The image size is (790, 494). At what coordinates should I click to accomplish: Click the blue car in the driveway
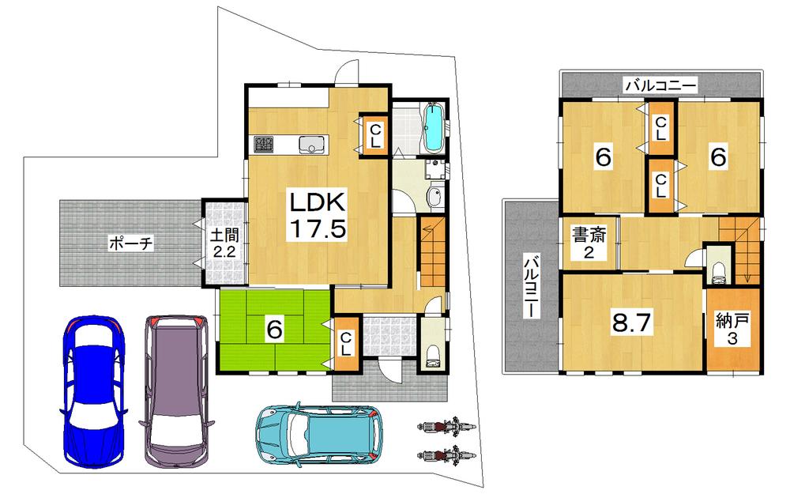point(94,391)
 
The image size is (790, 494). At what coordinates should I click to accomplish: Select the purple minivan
point(175,391)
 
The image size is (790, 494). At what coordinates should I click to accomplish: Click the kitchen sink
point(310,145)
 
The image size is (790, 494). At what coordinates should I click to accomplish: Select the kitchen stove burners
point(263,145)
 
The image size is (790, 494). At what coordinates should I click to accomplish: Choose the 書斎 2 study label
point(589,243)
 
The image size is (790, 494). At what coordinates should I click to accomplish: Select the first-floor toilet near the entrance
point(431,355)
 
